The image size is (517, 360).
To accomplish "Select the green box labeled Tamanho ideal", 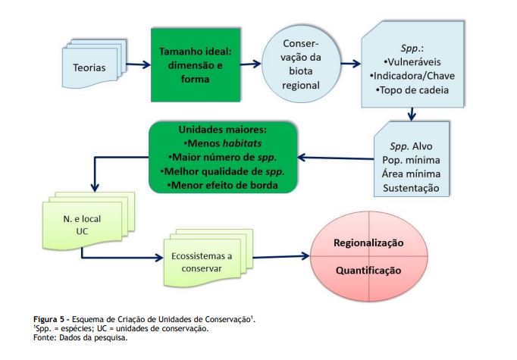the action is [196, 65].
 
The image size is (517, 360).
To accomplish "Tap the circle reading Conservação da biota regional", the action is [301, 64].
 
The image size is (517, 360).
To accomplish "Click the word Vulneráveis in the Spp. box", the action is [414, 62].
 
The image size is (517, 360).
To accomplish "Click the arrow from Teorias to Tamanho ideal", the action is [139, 64].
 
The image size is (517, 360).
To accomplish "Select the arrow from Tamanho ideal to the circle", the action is [251, 64].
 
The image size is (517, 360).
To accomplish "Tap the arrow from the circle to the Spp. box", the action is [351, 64].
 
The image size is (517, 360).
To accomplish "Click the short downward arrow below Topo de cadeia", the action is [411, 114].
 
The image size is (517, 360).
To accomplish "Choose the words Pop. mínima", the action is [411, 160].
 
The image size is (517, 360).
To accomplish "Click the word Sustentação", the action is [411, 188].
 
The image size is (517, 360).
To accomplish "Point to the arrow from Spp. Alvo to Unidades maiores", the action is [335, 158].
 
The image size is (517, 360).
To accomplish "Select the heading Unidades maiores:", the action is [222, 130].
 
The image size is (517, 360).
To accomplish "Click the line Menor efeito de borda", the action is [223, 185].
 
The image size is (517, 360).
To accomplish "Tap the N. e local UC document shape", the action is [89, 221].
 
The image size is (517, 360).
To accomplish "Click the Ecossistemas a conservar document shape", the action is [208, 258].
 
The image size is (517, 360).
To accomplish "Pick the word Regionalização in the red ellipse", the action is [368, 243].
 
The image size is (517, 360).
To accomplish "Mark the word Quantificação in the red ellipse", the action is [368, 271].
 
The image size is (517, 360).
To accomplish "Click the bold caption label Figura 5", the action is [49, 319].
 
